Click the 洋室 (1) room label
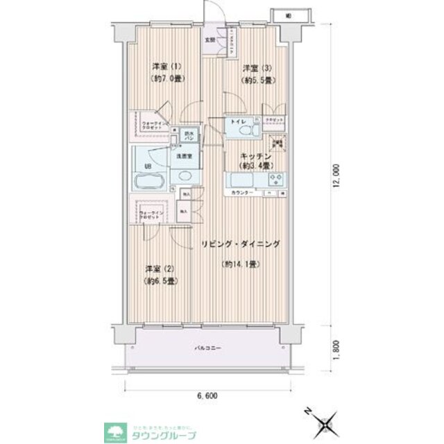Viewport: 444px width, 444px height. (x=167, y=67)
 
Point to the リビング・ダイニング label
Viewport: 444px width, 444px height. (x=241, y=244)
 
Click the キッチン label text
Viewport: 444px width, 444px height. (x=255, y=157)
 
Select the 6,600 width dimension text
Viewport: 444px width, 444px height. (x=207, y=396)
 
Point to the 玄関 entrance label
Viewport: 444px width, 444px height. (x=210, y=40)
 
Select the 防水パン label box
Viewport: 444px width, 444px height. (x=187, y=136)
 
